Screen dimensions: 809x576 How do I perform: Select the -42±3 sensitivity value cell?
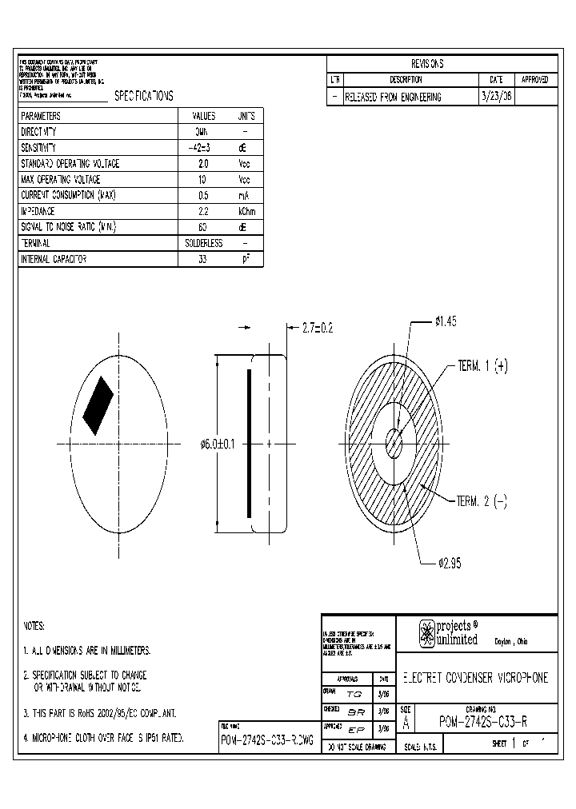pos(203,148)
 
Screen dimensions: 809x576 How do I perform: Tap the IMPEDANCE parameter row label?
pos(38,211)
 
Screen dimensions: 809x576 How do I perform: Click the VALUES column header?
pos(204,116)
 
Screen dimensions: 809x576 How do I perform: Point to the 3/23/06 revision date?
pos(496,96)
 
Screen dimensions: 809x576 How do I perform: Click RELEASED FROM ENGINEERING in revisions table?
pos(393,97)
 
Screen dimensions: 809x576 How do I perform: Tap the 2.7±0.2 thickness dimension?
pos(318,328)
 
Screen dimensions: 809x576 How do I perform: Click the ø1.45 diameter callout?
pos(446,321)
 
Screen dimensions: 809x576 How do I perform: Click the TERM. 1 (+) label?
pos(482,366)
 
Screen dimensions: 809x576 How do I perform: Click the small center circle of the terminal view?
pos(394,442)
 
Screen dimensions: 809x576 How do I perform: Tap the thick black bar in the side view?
pos(250,443)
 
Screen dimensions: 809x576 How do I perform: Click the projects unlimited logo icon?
pos(427,633)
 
